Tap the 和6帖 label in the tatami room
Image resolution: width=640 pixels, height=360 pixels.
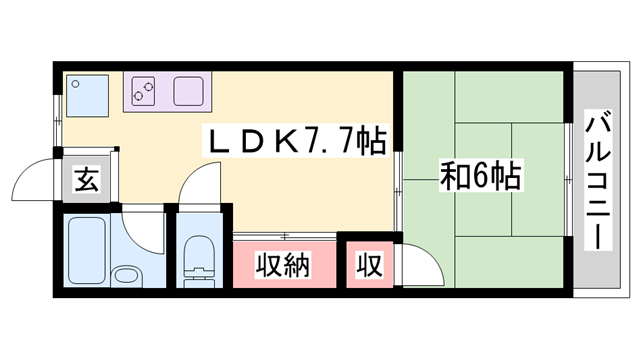(x=479, y=177)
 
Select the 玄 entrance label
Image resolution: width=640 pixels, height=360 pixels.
(x=87, y=182)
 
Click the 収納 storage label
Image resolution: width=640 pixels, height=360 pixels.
(x=283, y=266)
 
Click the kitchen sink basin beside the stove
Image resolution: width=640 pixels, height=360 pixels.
(x=190, y=92)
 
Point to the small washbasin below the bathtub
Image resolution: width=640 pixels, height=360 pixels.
(x=126, y=277)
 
